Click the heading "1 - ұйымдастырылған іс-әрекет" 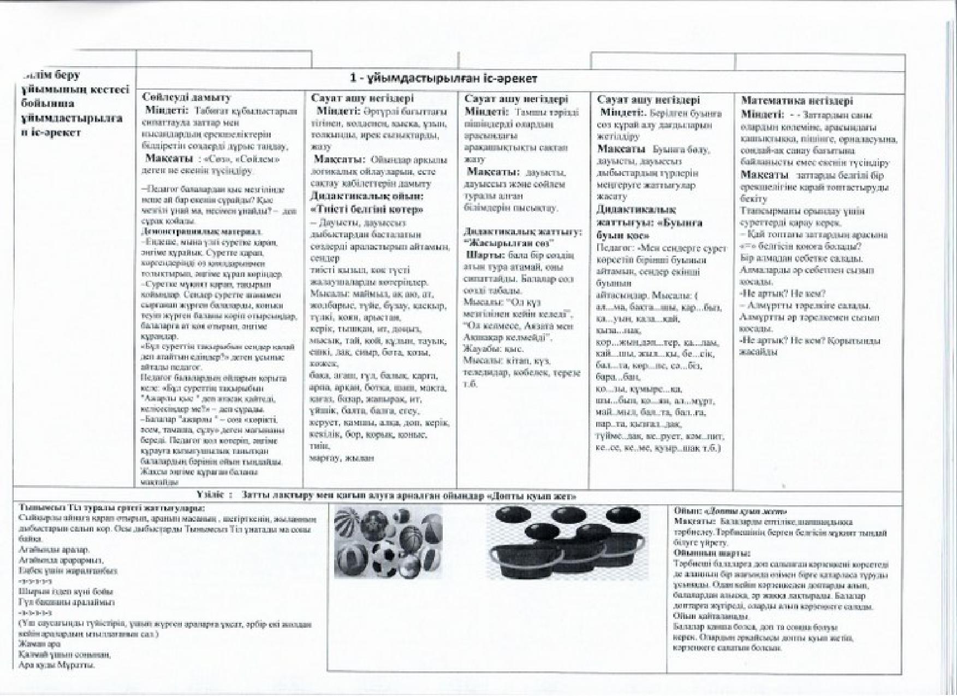pos(443,79)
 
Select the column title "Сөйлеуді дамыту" pos(186,97)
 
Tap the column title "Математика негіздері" pos(796,101)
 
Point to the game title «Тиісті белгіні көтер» pos(367,209)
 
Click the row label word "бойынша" pos(46,103)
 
